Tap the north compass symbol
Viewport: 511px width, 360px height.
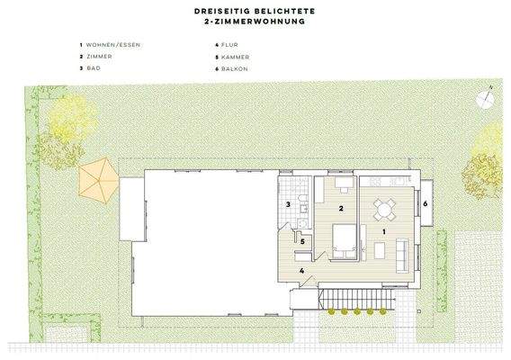point(487,97)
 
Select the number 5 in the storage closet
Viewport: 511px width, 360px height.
point(303,241)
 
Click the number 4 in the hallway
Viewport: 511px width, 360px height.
point(302,269)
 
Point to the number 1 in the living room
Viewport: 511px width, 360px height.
point(385,232)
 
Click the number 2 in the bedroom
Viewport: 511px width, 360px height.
point(340,208)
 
